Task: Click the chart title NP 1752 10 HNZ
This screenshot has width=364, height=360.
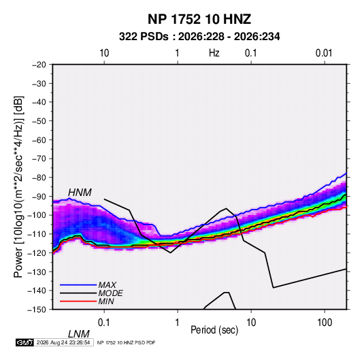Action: [199, 19]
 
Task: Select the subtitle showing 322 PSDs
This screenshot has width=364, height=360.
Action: [199, 37]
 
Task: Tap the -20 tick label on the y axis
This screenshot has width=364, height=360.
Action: [39, 65]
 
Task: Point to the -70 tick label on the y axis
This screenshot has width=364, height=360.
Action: [39, 159]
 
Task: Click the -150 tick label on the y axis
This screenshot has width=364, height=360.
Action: [37, 310]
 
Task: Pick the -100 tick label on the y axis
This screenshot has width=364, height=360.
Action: [37, 215]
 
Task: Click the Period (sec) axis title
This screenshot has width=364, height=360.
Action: [214, 330]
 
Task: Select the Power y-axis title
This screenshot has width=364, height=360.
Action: [18, 187]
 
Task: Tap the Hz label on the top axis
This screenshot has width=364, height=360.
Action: [214, 53]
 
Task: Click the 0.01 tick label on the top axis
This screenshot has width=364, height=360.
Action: [324, 53]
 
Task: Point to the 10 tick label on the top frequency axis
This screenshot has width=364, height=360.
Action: [104, 53]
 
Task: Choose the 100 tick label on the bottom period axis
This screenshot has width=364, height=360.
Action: [325, 323]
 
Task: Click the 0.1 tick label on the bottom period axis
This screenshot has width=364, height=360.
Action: [104, 323]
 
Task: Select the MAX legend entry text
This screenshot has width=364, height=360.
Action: [107, 284]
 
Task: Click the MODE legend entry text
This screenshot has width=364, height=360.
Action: [110, 293]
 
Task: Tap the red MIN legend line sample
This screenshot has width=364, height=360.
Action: [78, 301]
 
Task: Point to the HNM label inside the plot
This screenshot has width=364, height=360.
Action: [80, 193]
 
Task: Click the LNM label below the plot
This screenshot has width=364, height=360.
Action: [79, 334]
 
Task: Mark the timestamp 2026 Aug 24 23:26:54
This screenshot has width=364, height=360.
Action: [63, 342]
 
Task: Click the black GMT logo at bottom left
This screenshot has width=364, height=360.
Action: [25, 342]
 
